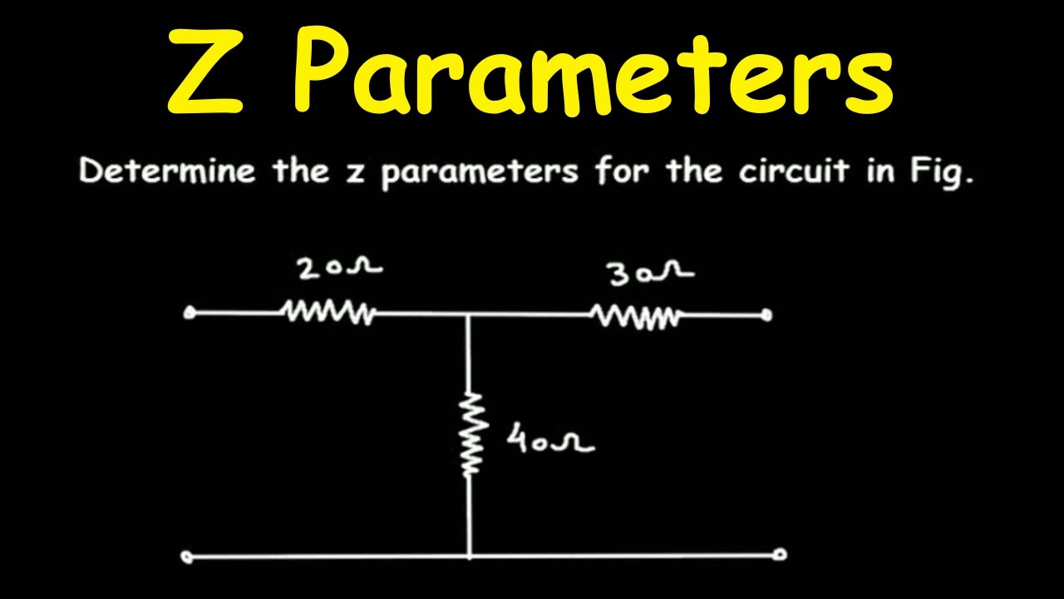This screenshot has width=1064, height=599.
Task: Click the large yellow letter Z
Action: pyautogui.click(x=205, y=72)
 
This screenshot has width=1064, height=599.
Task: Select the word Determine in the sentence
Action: pyautogui.click(x=167, y=171)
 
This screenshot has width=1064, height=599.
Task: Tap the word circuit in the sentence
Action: pyautogui.click(x=794, y=171)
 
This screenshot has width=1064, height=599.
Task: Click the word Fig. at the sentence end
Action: pyautogui.click(x=943, y=172)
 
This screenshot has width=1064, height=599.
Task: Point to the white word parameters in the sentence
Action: pyautogui.click(x=480, y=173)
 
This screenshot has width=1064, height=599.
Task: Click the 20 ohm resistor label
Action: pyautogui.click(x=340, y=269)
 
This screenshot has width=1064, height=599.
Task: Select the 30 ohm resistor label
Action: pyautogui.click(x=652, y=275)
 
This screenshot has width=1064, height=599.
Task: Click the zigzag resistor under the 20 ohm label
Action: pyautogui.click(x=328, y=313)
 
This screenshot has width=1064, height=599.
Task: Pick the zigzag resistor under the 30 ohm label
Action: pyautogui.click(x=637, y=315)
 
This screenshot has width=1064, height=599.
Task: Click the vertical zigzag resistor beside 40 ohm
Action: pyautogui.click(x=470, y=433)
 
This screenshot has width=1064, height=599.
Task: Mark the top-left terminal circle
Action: pyautogui.click(x=189, y=314)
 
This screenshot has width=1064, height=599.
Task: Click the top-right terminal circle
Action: pyautogui.click(x=766, y=315)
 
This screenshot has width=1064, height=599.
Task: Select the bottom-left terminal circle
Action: pyautogui.click(x=188, y=557)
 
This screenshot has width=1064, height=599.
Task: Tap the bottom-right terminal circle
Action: pyautogui.click(x=780, y=555)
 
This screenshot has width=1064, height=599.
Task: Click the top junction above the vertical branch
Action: pyautogui.click(x=468, y=314)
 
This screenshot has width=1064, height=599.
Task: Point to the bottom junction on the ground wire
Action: pyautogui.click(x=470, y=555)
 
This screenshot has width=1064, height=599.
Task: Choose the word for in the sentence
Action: pyautogui.click(x=622, y=171)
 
